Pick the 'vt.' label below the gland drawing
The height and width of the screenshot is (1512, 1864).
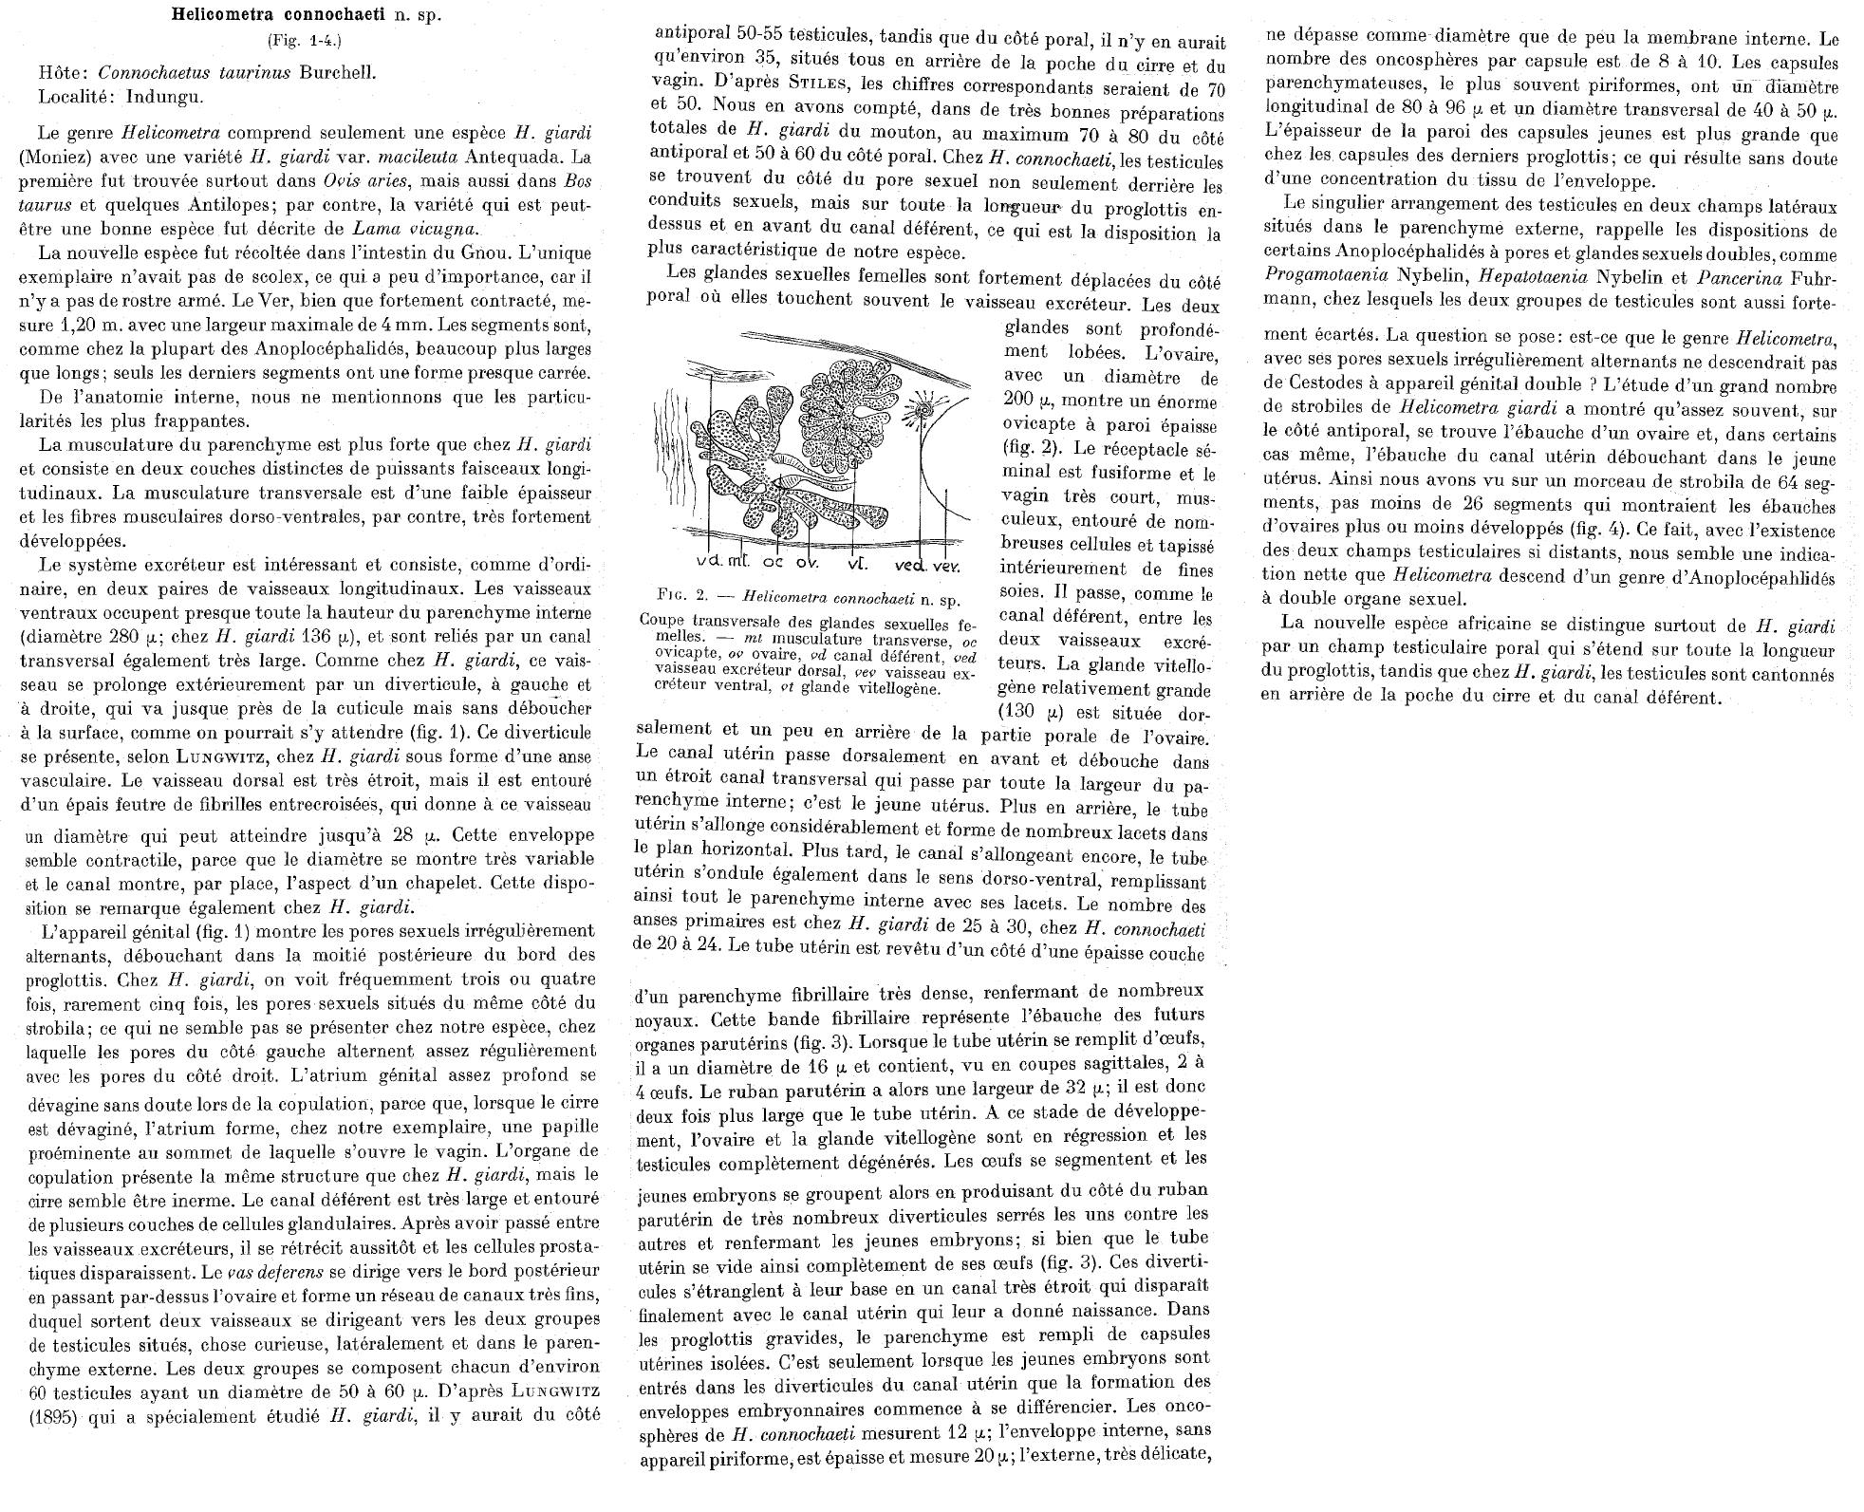859,564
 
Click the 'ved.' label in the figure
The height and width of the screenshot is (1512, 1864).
909,565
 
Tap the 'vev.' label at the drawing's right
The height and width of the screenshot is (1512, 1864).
945,565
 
